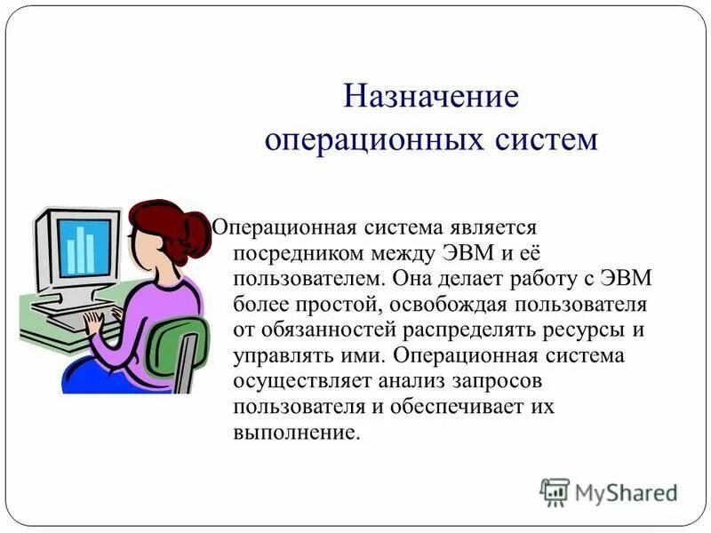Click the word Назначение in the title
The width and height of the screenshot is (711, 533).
(x=431, y=96)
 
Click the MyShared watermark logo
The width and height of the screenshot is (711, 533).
(x=609, y=492)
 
